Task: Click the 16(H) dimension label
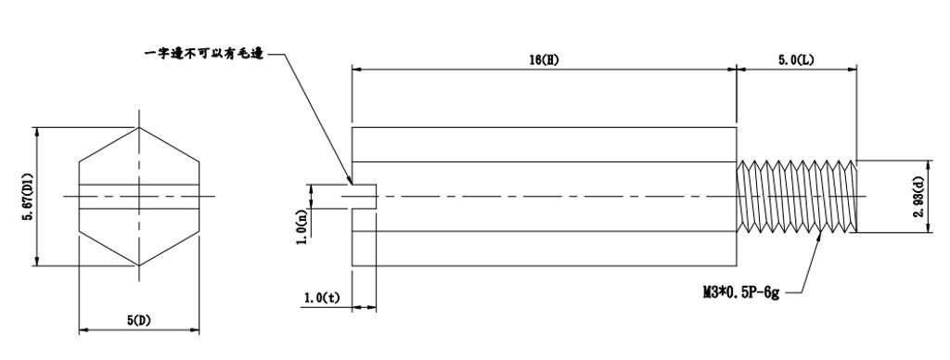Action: click(544, 59)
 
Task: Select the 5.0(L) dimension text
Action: click(796, 59)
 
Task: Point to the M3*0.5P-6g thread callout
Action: click(740, 292)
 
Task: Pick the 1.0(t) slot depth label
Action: click(322, 297)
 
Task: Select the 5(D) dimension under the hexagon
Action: click(139, 320)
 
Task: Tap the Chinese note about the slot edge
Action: click(203, 54)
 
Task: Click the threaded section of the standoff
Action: click(796, 197)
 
